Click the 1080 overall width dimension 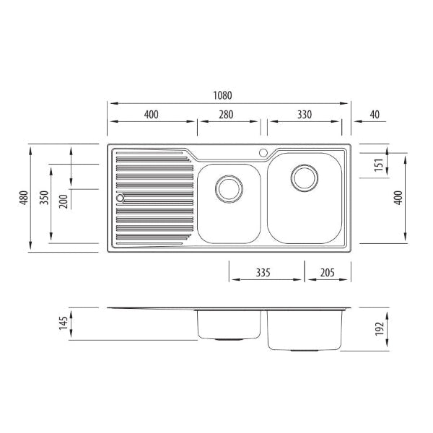[222, 95]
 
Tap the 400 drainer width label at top [152, 114]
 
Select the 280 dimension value [226, 114]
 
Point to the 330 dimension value [305, 114]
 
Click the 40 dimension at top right [375, 114]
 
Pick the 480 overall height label [25, 198]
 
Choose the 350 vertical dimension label [44, 198]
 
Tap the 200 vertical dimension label [64, 201]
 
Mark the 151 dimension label [379, 165]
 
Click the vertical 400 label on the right [398, 198]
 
